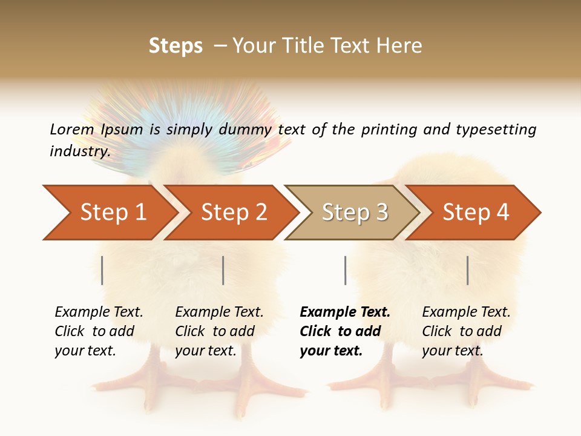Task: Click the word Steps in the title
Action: pyautogui.click(x=176, y=46)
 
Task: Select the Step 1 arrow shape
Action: pyautogui.click(x=109, y=213)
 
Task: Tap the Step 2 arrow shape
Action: pyautogui.click(x=230, y=213)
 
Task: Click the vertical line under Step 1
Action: pyautogui.click(x=102, y=270)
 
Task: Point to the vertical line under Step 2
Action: pyautogui.click(x=223, y=270)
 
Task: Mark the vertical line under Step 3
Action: pyautogui.click(x=345, y=270)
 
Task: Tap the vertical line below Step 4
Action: pyautogui.click(x=467, y=270)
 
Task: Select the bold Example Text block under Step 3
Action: pyautogui.click(x=345, y=331)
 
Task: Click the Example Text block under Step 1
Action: pyautogui.click(x=99, y=331)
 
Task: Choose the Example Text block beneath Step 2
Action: pyautogui.click(x=219, y=331)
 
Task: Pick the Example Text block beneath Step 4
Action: pyautogui.click(x=466, y=331)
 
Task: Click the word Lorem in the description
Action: pyautogui.click(x=71, y=130)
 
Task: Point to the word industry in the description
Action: pyautogui.click(x=80, y=151)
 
